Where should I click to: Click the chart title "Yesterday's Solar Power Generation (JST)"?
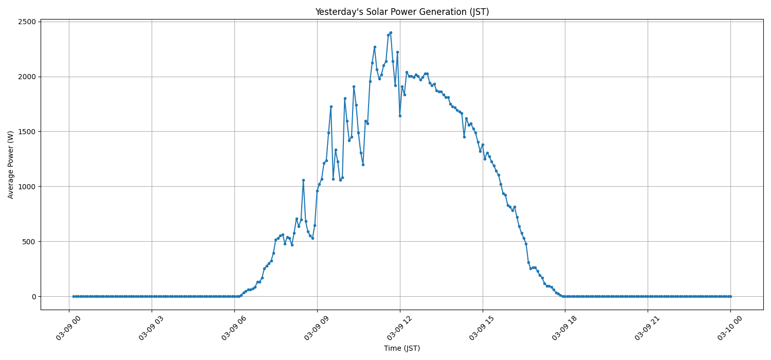tap(402, 12)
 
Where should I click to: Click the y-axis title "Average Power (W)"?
tap(11, 165)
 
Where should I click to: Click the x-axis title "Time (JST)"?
tap(402, 348)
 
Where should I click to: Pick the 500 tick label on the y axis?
tap(29, 242)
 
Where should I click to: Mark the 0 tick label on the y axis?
tap(33, 297)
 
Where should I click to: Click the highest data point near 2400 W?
tap(391, 32)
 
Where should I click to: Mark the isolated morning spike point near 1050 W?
tap(303, 180)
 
